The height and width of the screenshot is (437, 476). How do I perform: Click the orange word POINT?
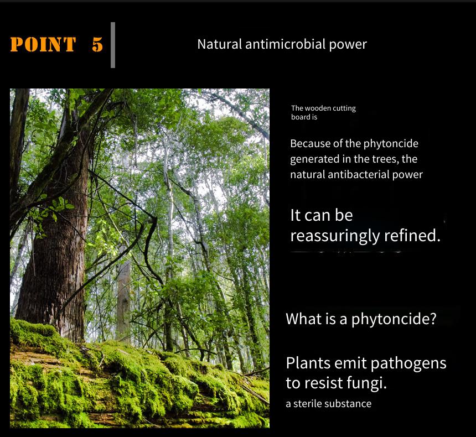43,44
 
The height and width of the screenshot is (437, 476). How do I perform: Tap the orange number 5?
97,44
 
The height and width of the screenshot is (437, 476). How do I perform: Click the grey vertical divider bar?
113,45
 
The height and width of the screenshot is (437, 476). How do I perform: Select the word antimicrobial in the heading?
286,44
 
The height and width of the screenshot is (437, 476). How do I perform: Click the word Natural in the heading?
220,44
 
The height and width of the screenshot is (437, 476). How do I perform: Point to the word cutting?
344,108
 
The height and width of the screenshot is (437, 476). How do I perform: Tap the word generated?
314,159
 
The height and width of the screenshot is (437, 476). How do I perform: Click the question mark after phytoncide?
433,318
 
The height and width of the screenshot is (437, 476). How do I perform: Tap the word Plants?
308,363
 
